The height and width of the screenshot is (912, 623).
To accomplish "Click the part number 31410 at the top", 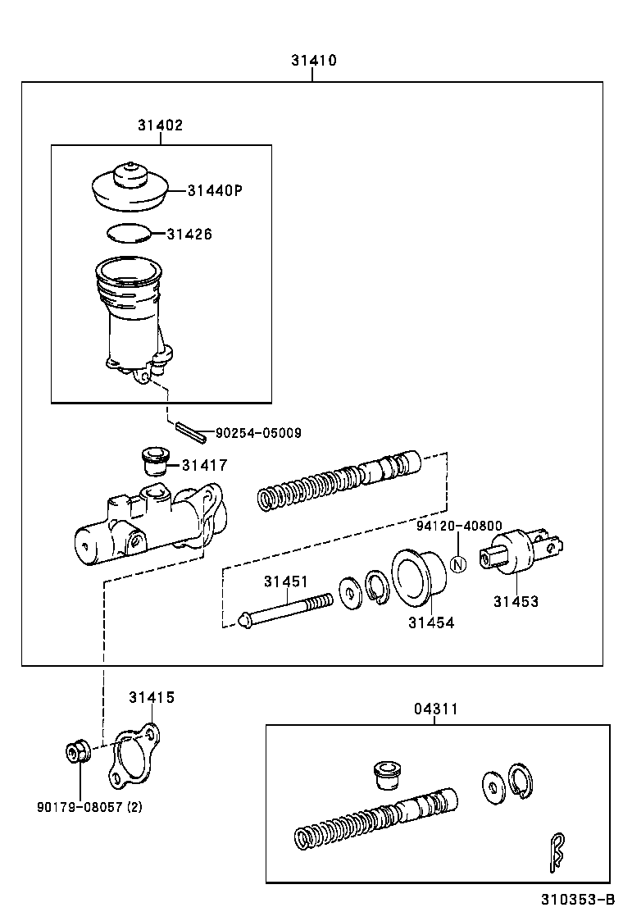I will [312, 61].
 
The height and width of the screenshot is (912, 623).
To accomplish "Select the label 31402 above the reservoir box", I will [160, 125].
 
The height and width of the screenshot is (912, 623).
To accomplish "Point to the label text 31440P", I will [216, 191].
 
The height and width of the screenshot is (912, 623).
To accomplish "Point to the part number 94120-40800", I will [458, 527].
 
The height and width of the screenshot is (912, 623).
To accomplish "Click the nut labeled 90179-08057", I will [78, 750].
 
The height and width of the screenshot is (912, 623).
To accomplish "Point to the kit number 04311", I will [434, 709].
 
